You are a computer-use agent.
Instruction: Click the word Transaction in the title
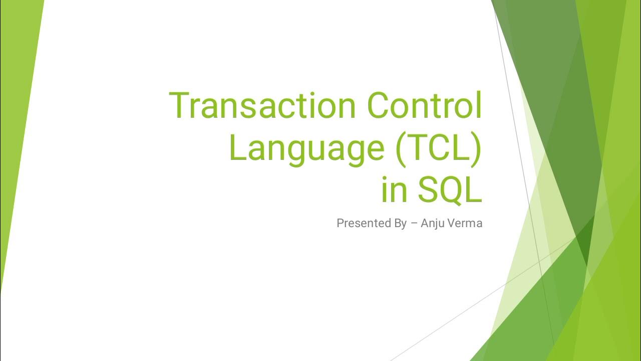pyautogui.click(x=263, y=106)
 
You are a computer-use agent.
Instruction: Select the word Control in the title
pyautogui.click(x=424, y=106)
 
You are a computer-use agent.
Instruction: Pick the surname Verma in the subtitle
pyautogui.click(x=466, y=223)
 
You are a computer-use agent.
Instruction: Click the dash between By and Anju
pyautogui.click(x=414, y=224)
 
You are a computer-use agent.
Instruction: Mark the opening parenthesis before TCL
pyautogui.click(x=401, y=149)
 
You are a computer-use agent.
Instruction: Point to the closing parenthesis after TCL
pyautogui.click(x=475, y=149)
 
